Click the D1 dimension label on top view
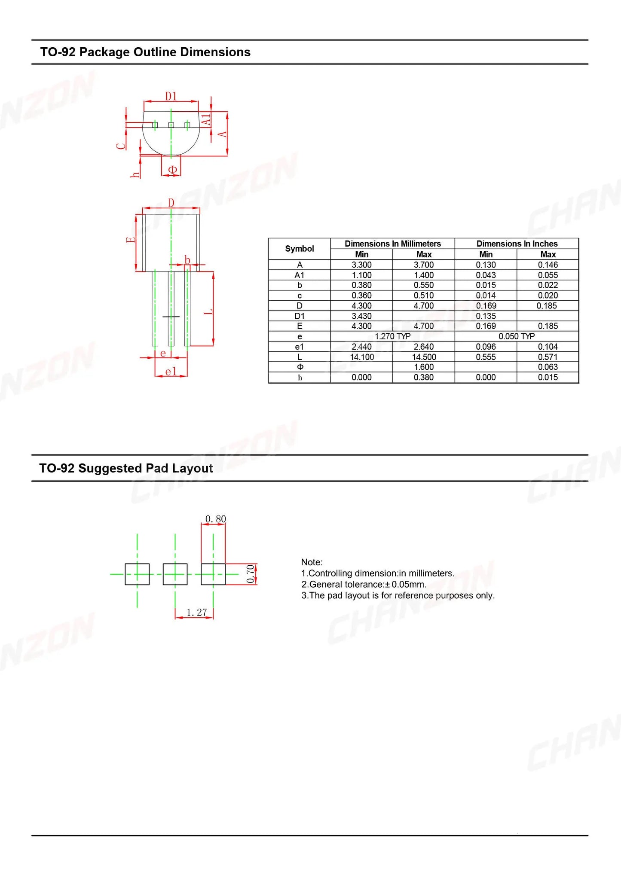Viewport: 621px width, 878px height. [171, 96]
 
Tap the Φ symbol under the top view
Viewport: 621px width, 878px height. [172, 170]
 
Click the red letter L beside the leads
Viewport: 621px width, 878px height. [208, 311]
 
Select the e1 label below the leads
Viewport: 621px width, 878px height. [171, 371]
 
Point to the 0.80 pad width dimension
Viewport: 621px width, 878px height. [215, 519]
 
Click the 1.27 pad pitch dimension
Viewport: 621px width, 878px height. [196, 613]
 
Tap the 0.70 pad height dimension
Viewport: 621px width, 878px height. [251, 574]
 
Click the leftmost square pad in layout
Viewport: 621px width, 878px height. [137, 574]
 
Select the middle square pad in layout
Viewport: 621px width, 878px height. [175, 574]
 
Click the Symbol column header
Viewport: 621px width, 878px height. [300, 249]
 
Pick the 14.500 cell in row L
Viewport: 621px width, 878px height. [424, 357]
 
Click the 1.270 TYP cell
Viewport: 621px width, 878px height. [392, 336]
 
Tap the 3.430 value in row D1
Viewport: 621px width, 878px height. [361, 316]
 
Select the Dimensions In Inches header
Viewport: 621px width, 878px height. [517, 244]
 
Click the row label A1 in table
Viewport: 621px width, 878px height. [300, 275]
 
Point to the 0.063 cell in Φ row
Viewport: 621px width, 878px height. [548, 367]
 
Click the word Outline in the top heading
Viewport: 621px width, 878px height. [155, 52]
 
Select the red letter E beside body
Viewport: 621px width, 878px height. [130, 239]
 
